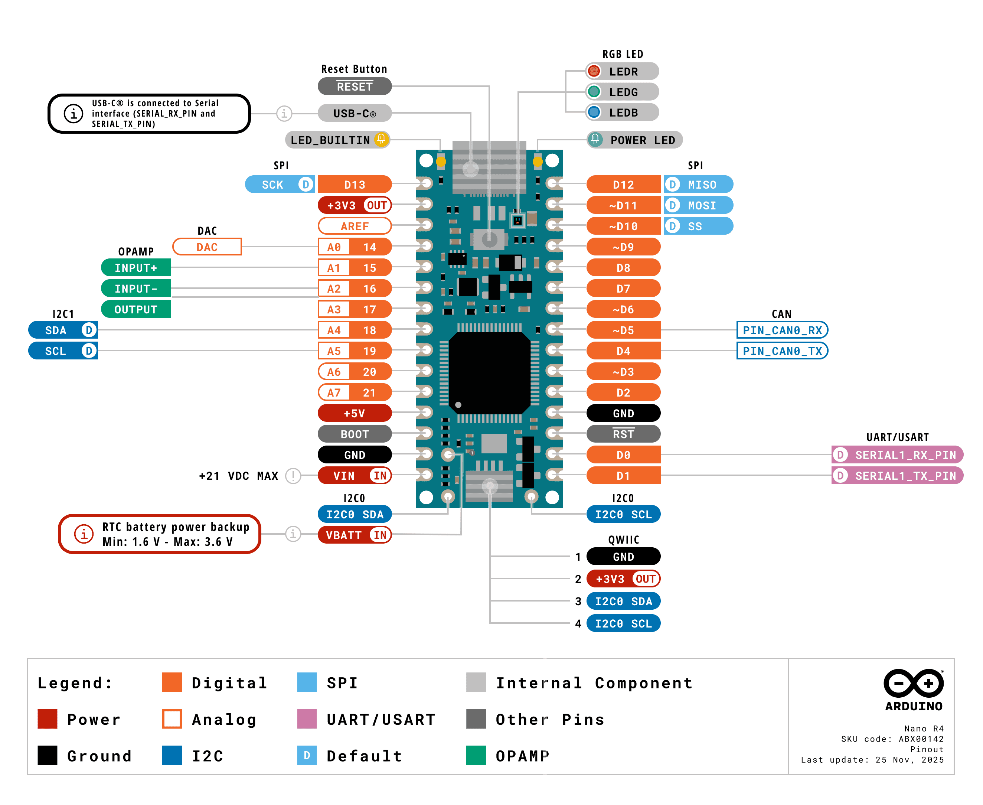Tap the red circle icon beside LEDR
594,71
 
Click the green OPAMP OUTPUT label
136,309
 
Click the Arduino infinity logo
914,683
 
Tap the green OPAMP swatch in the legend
476,755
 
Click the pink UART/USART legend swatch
307,719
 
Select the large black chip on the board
489,372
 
